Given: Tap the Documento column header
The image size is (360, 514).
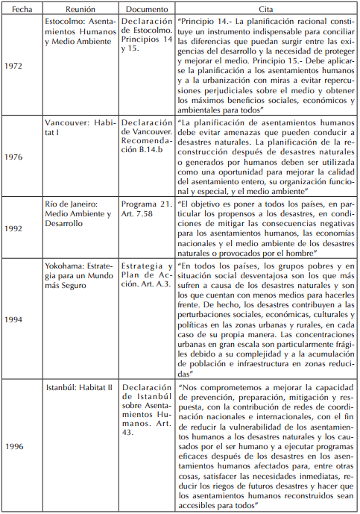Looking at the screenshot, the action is click(146, 7).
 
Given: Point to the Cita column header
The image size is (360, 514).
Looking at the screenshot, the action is click(266, 7).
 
